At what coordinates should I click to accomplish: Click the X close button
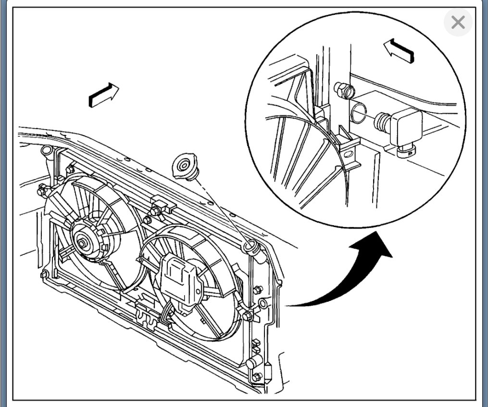(x=458, y=22)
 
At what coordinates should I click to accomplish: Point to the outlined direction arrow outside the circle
(x=103, y=95)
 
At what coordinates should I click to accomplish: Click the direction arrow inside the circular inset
(x=399, y=50)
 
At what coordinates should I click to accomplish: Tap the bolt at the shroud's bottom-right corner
(x=257, y=377)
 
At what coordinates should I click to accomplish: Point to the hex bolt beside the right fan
(x=248, y=315)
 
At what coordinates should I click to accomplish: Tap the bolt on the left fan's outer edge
(x=42, y=191)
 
